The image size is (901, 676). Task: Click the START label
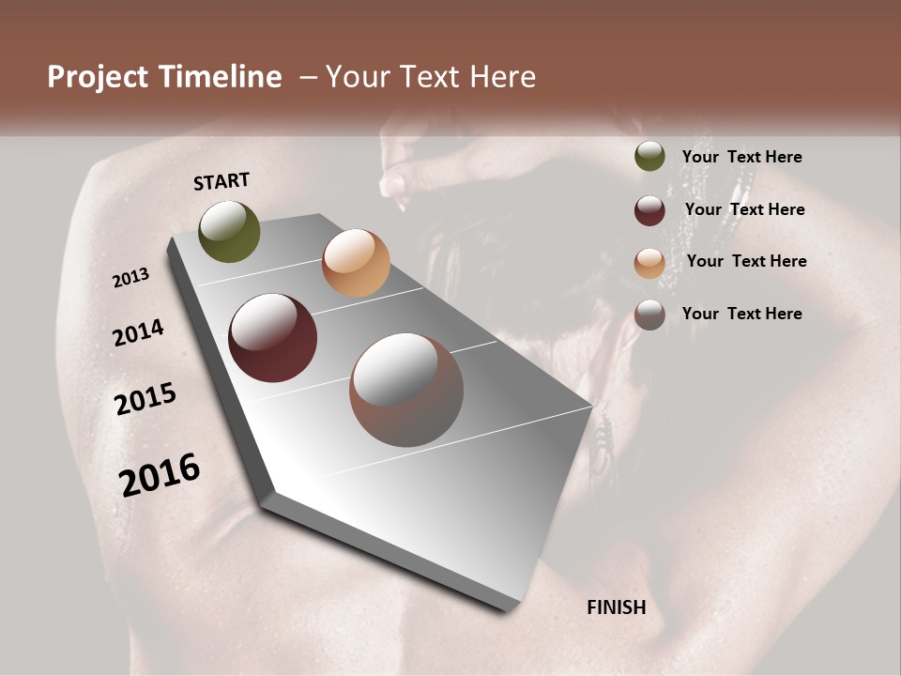[x=221, y=181]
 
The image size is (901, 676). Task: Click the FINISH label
[x=616, y=607]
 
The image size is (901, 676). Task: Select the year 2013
[x=131, y=278]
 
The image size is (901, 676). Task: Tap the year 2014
[x=138, y=332]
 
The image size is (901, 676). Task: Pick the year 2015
[x=145, y=399]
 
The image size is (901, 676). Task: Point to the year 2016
[x=160, y=474]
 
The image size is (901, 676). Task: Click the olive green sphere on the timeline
[x=229, y=231]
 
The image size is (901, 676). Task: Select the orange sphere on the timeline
[x=356, y=263]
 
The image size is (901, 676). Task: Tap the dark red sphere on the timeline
[x=272, y=338]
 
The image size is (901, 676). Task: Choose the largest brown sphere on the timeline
[x=406, y=390]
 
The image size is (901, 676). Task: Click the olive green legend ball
[x=649, y=157]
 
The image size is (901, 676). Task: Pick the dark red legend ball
[x=649, y=210]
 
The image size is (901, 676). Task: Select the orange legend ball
[x=649, y=263]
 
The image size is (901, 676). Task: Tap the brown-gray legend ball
[x=649, y=315]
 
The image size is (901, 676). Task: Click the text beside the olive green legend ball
[x=741, y=157]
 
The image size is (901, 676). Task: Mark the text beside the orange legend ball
[x=746, y=261]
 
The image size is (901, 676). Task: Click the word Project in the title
[x=98, y=77]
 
